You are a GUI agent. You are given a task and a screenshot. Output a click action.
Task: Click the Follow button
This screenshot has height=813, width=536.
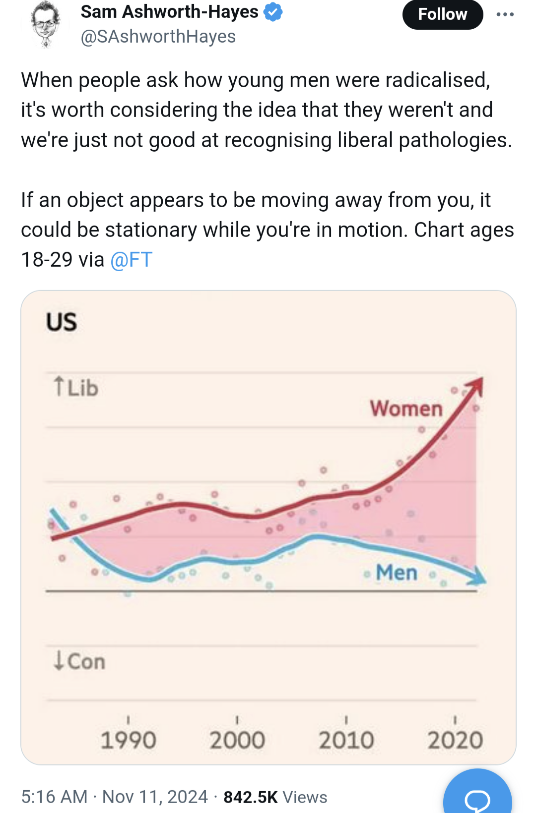click(x=442, y=14)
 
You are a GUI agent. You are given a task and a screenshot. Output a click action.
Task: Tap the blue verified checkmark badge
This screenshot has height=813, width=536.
click(x=272, y=12)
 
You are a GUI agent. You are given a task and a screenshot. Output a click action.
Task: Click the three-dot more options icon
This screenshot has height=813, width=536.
click(x=505, y=14)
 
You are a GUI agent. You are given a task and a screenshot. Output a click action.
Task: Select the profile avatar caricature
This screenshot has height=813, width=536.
click(x=45, y=23)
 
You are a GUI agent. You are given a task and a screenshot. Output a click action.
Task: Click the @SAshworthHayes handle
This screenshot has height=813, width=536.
click(x=158, y=37)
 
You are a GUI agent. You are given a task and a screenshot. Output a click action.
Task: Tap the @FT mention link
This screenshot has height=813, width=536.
click(x=131, y=260)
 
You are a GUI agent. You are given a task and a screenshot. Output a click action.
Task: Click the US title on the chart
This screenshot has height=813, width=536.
click(x=62, y=322)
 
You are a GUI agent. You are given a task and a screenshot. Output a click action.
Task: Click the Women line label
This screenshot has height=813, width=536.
click(x=406, y=408)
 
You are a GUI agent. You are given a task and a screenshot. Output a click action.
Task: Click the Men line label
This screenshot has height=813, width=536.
click(x=396, y=573)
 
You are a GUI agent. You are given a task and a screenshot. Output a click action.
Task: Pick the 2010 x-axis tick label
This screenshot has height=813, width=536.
click(x=346, y=740)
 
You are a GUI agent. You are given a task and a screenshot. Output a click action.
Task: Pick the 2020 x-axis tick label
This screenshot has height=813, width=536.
click(x=455, y=740)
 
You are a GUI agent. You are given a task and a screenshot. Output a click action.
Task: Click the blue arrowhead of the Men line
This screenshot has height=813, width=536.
click(x=478, y=577)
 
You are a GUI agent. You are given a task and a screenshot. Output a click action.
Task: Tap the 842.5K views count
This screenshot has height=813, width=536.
click(x=251, y=797)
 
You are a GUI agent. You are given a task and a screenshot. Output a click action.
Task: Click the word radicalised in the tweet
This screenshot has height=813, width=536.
click(x=437, y=80)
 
